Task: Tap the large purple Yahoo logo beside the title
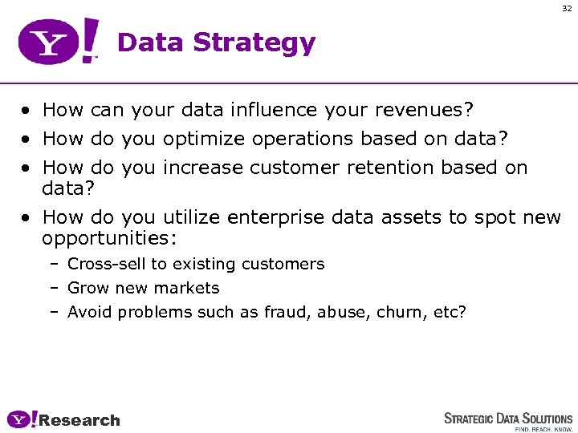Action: click(x=59, y=42)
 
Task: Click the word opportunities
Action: click(x=108, y=238)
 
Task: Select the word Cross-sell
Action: click(x=102, y=264)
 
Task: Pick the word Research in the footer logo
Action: click(x=79, y=420)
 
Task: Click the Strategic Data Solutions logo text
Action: click(x=508, y=419)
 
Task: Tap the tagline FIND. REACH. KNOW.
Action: click(x=543, y=429)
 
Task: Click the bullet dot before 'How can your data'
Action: click(x=27, y=110)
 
